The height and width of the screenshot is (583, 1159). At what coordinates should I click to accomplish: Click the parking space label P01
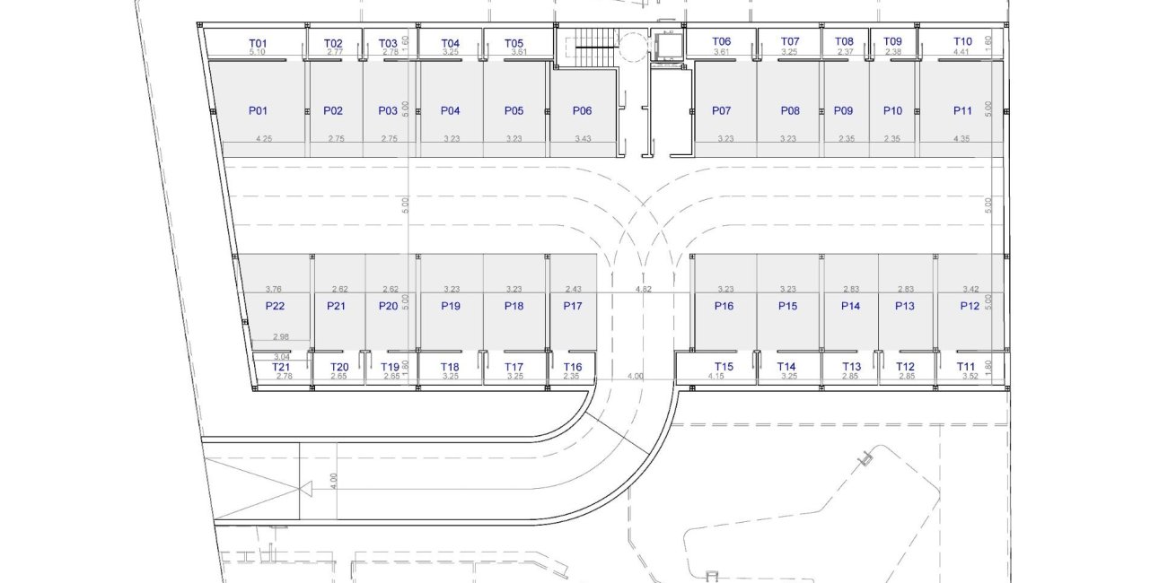coord(258,111)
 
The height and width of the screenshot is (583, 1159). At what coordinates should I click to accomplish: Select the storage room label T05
coord(514,43)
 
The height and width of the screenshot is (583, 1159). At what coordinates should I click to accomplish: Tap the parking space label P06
coord(582,111)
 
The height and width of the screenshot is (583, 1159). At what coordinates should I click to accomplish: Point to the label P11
coord(962,111)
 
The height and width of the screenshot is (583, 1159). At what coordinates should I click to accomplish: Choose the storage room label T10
coord(962,41)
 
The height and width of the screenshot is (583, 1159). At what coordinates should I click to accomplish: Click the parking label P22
coord(275,306)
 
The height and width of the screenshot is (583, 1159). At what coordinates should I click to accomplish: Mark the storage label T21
coord(282,367)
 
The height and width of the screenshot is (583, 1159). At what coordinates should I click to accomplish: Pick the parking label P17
coord(573,306)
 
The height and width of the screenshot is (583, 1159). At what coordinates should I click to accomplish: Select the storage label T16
coord(573,367)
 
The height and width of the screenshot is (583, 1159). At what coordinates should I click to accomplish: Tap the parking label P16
coord(724,306)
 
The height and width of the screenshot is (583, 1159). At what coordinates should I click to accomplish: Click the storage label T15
coord(724,367)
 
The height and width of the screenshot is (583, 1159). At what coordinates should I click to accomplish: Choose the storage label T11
coord(965,367)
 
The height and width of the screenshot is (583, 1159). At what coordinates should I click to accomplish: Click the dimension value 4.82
coord(643,290)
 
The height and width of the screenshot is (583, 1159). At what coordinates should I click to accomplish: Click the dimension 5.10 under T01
coord(257,53)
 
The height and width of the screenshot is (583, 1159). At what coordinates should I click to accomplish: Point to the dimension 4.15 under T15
coord(716,377)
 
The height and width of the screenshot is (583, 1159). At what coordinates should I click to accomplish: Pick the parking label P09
coord(843,111)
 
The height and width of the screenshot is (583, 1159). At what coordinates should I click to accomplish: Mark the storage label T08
coord(844,41)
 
